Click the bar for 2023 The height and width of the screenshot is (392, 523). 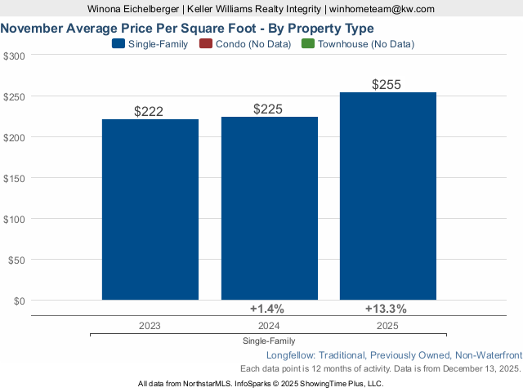(x=150, y=210)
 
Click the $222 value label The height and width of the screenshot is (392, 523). (x=150, y=112)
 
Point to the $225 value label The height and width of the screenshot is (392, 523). (x=270, y=109)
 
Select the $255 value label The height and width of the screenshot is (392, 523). (x=388, y=85)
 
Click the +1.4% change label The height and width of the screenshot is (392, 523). (x=266, y=309)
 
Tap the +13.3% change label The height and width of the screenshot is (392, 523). (x=386, y=309)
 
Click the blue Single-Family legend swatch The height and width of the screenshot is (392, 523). (x=118, y=44)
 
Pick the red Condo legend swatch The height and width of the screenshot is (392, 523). (x=205, y=44)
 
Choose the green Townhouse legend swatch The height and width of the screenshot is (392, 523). (x=308, y=44)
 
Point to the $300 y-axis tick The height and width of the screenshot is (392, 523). (x=14, y=56)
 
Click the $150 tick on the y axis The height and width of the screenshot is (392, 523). (x=14, y=178)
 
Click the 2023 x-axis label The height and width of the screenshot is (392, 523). (x=150, y=325)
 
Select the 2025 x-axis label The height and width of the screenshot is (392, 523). (x=388, y=325)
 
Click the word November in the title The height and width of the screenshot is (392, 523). (x=34, y=28)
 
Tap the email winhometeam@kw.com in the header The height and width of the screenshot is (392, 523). (x=382, y=9)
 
